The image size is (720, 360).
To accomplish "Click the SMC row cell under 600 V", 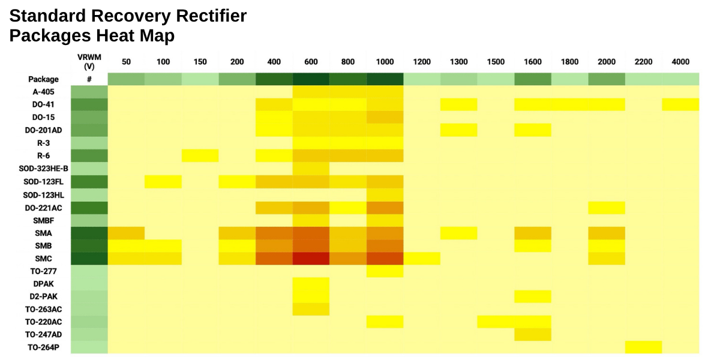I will tap(311, 259).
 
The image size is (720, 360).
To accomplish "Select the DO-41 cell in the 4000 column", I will tap(680, 104).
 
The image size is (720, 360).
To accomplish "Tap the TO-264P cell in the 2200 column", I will tap(643, 347).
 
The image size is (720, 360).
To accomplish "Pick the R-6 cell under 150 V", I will tap(200, 155).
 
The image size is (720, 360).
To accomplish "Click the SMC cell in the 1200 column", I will tap(422, 259).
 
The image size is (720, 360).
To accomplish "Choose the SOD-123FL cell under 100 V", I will tap(163, 181).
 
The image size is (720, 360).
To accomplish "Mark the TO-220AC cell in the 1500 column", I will tap(496, 322).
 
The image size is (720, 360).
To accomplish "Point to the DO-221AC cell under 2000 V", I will tap(607, 208).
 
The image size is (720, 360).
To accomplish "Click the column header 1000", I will tap(385, 62).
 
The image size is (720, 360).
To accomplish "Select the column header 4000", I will tap(680, 62).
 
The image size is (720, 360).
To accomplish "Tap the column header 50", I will tap(126, 62).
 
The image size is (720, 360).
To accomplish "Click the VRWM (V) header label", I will tap(89, 61).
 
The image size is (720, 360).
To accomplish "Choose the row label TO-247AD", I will tap(44, 334).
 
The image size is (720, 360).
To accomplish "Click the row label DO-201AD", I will tap(44, 130).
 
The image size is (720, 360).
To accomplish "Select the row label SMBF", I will tap(44, 220).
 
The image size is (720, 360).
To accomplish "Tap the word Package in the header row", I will tap(44, 79).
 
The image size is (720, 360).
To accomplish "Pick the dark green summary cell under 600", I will tap(311, 79).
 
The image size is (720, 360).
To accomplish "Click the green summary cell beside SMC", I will tap(89, 259).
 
